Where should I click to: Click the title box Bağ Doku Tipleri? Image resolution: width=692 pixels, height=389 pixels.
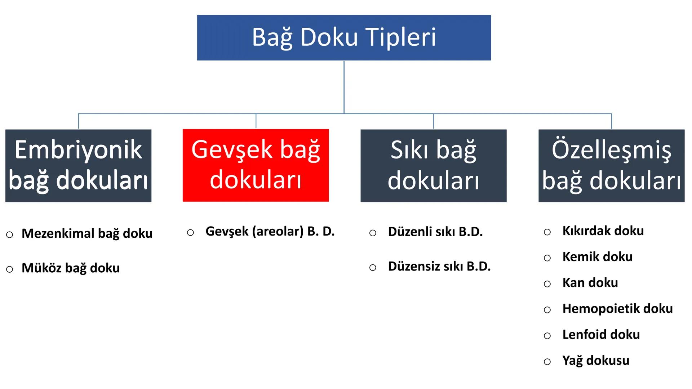(x=343, y=37)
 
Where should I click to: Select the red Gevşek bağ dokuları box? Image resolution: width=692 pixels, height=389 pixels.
(x=256, y=165)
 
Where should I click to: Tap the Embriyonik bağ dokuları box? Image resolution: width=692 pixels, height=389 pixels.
(x=78, y=165)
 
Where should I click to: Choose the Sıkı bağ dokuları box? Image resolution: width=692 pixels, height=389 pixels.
(x=433, y=165)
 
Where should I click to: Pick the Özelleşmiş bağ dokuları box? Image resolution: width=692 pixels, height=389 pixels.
(x=611, y=165)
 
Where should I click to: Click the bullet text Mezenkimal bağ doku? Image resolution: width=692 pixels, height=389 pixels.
(x=87, y=233)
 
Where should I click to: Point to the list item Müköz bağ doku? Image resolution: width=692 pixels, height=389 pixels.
(x=71, y=268)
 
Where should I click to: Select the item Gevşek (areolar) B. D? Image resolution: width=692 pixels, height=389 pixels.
(x=270, y=231)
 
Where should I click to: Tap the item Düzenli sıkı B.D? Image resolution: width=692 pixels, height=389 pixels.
(x=435, y=232)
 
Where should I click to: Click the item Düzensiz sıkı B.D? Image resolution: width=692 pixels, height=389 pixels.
(x=439, y=267)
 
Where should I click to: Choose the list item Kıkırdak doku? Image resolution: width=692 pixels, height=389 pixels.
(x=603, y=231)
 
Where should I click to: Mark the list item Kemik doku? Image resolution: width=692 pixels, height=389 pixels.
(x=597, y=257)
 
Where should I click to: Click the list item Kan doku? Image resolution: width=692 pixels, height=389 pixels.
(x=590, y=283)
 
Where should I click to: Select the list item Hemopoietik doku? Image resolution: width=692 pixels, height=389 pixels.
(x=617, y=309)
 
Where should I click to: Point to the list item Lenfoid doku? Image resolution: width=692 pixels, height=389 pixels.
(x=601, y=335)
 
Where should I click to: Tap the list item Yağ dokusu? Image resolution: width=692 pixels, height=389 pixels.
(x=596, y=361)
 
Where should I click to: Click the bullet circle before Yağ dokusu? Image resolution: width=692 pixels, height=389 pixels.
(x=547, y=362)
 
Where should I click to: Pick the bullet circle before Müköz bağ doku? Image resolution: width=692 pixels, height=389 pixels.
(x=10, y=269)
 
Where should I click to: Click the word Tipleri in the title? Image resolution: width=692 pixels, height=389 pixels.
(x=401, y=37)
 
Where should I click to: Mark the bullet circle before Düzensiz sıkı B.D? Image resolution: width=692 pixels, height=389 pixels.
(x=373, y=268)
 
